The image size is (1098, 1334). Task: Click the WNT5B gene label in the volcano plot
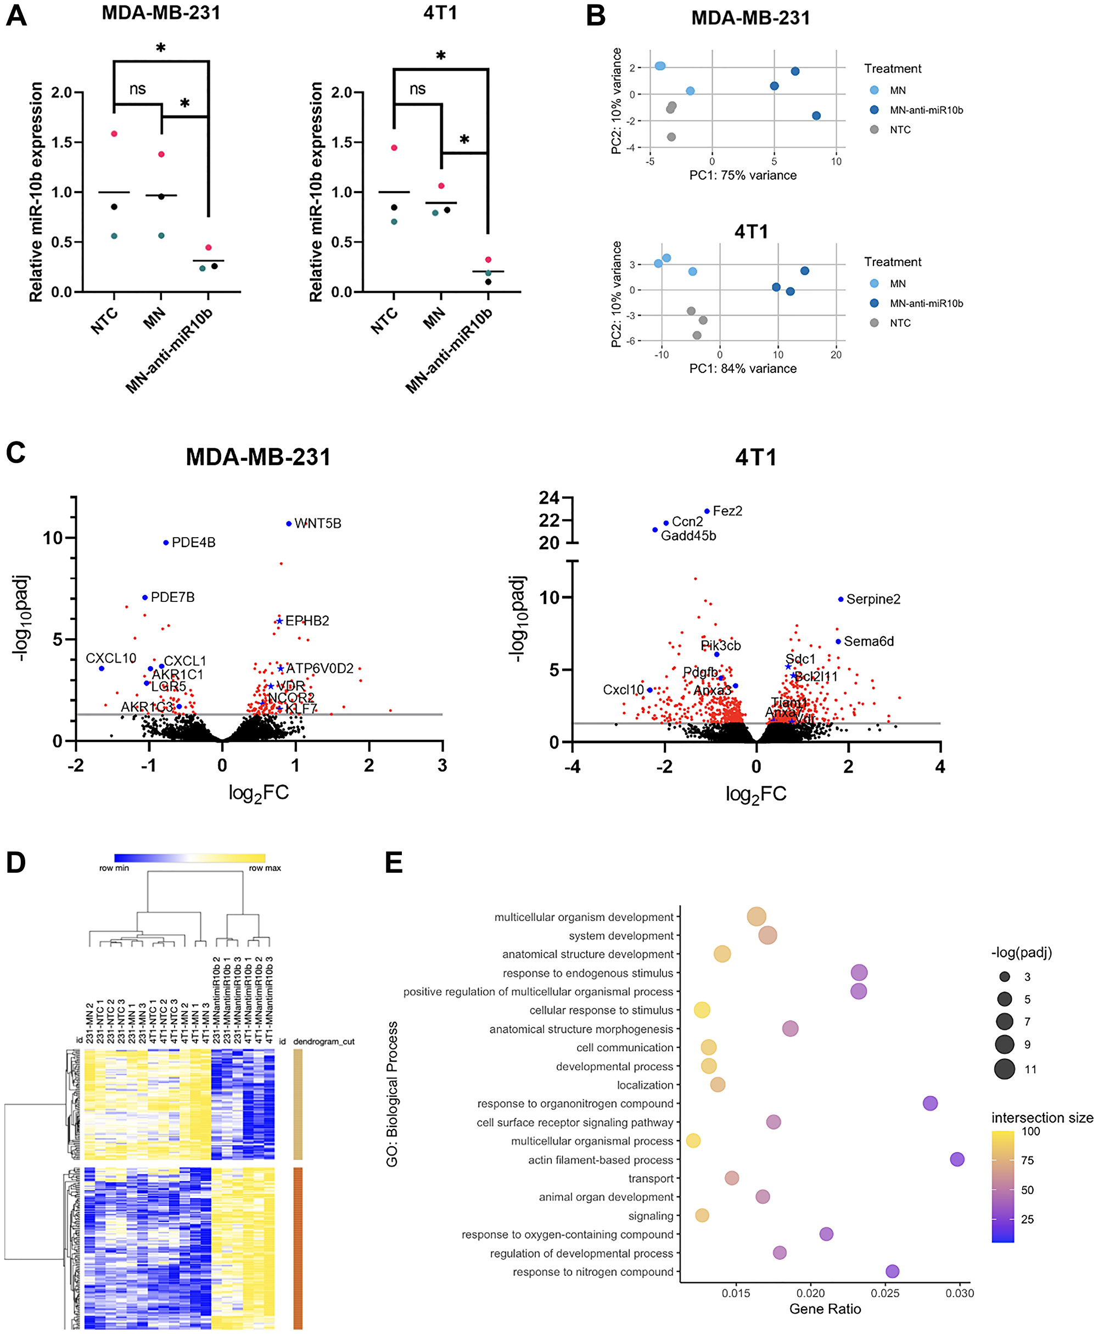pos(317,523)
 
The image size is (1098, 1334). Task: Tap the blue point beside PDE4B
pos(166,543)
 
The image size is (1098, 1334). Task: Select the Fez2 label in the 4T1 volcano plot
pos(727,511)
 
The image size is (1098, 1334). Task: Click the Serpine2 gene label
pos(873,599)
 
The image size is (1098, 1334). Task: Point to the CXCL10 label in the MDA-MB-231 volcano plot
pos(111,658)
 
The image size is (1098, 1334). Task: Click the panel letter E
pos(394,863)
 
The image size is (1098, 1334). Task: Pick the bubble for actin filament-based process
pos(957,1159)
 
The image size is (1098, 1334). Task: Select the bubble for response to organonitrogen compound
pos(930,1103)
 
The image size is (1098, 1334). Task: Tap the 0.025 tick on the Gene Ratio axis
pos(885,1293)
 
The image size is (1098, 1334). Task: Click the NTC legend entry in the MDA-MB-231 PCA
pos(899,130)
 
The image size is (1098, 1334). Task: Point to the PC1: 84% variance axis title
pos(743,369)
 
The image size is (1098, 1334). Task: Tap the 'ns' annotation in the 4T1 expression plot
pos(417,89)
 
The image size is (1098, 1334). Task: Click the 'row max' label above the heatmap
pos(265,868)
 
